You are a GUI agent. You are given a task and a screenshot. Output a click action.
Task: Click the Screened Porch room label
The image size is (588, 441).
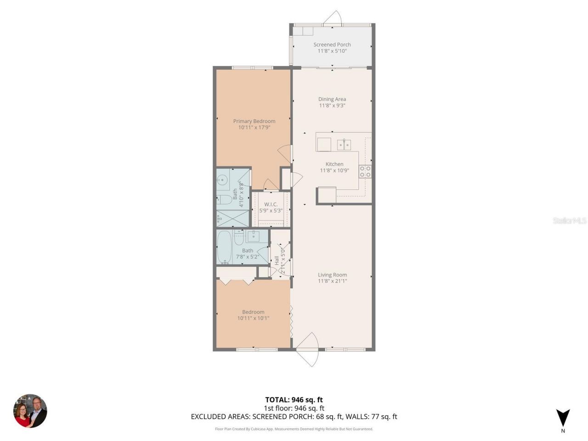[x=332, y=45]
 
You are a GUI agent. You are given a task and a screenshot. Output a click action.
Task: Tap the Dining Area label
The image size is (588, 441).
[x=332, y=99]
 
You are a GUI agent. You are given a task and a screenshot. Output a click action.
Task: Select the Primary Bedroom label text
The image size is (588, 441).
[x=254, y=121]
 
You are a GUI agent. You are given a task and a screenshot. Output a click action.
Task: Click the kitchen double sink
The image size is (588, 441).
[x=344, y=145]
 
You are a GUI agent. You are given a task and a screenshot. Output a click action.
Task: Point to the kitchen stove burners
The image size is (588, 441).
[x=365, y=171]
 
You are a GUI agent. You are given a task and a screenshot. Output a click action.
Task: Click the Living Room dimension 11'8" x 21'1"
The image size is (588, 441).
[x=332, y=281]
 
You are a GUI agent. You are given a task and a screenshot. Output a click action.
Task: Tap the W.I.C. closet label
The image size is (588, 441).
[x=271, y=204]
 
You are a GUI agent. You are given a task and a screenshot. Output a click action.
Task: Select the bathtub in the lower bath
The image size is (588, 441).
[x=224, y=247]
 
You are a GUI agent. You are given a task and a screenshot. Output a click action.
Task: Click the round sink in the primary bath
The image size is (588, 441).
[x=223, y=180]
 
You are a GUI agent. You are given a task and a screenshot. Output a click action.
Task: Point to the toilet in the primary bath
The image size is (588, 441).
[x=224, y=199]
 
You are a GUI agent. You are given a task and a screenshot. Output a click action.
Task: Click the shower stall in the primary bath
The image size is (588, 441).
[x=232, y=219]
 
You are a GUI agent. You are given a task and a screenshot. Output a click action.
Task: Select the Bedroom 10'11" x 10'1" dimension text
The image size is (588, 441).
[x=253, y=318]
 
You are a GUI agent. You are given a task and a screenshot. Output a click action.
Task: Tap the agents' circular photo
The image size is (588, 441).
[x=30, y=411]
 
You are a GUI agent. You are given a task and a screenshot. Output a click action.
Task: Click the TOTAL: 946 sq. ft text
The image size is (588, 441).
[x=294, y=400]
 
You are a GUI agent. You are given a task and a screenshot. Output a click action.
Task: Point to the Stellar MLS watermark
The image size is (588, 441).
[x=570, y=220]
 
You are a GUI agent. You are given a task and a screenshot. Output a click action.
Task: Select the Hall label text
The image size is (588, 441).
[x=277, y=260]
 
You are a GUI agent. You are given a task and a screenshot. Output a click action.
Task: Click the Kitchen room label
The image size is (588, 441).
[x=334, y=164]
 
